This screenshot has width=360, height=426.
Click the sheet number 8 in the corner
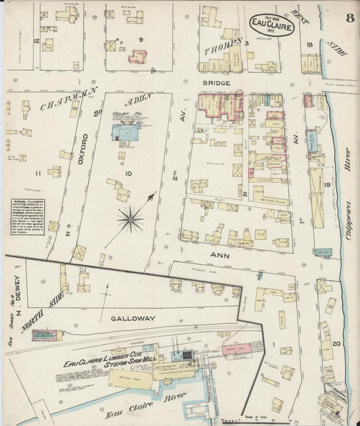(349, 18)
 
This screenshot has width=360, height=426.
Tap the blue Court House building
(126, 130)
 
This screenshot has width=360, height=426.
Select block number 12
(35, 41)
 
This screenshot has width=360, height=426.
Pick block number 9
(141, 39)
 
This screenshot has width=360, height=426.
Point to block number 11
(38, 174)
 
